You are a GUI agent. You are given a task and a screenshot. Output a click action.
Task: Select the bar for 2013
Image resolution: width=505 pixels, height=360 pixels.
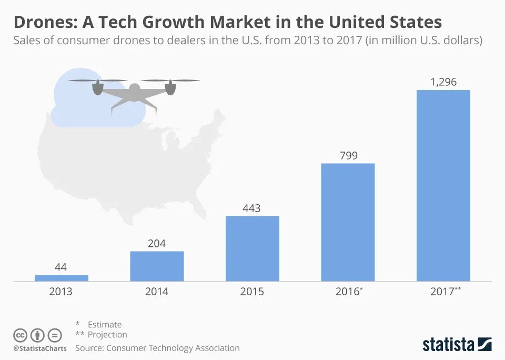[61, 278]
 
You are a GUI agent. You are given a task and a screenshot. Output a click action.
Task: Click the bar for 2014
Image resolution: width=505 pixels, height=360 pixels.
[157, 266]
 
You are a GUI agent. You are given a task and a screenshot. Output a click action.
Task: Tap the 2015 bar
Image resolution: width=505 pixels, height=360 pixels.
[252, 248]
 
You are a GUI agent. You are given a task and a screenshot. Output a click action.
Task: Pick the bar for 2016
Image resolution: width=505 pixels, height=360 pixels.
[348, 222]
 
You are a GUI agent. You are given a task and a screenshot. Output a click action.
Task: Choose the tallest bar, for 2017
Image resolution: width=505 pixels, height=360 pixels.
[443, 185]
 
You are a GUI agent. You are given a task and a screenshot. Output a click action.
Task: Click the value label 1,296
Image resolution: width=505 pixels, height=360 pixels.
[443, 82]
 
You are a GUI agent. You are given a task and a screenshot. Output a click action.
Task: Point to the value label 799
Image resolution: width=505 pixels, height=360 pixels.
[348, 155]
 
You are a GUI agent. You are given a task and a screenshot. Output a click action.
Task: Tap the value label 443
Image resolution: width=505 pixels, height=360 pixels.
[252, 208]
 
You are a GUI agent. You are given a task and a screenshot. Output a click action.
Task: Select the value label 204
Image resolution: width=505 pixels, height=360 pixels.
[157, 243]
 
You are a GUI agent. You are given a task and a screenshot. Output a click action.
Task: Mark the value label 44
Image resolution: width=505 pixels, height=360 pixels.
[61, 267]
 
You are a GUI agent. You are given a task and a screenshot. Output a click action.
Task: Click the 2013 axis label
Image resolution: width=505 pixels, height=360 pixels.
[61, 291]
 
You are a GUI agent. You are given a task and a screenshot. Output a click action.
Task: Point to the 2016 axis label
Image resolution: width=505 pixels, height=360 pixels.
[347, 291]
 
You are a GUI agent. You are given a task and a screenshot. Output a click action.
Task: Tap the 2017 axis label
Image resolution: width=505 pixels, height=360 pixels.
[442, 291]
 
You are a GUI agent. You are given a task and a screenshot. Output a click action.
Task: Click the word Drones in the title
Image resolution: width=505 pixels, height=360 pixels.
[44, 22]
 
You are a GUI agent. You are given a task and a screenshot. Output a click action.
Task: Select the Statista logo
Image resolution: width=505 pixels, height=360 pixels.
[457, 345]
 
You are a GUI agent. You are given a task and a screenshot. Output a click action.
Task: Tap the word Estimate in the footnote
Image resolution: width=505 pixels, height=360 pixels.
[104, 324]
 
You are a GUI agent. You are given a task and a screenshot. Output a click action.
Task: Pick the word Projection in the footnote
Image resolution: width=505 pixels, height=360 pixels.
[107, 334]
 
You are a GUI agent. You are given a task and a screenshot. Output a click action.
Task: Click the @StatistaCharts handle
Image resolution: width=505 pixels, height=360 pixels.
[40, 348]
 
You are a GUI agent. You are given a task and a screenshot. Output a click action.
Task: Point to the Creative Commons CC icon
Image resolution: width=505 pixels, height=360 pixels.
[20, 335]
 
